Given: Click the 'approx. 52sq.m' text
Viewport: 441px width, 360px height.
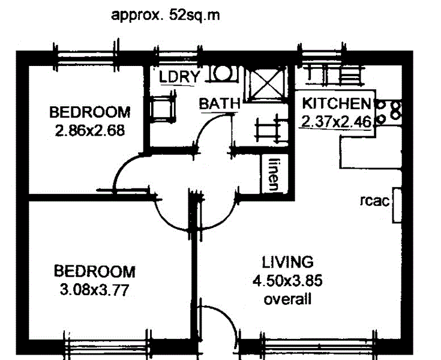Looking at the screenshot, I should (x=165, y=15).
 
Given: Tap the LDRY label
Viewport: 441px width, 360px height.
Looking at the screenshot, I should (x=178, y=76).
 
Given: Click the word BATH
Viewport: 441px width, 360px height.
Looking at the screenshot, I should (x=220, y=103).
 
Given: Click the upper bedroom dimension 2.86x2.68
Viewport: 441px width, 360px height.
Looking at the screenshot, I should (x=90, y=130).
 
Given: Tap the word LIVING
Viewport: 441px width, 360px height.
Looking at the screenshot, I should (x=287, y=262).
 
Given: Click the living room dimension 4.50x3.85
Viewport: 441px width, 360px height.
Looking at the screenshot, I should (x=288, y=281).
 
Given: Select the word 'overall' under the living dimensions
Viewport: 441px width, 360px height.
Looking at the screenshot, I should (x=287, y=299).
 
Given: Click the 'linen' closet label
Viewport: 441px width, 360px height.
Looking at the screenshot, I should (x=274, y=175).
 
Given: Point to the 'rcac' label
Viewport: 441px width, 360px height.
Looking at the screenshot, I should (x=374, y=202).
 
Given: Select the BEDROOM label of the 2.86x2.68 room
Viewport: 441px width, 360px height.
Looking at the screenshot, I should (x=89, y=112).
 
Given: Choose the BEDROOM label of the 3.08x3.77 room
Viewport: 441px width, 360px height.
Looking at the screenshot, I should (x=94, y=271).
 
